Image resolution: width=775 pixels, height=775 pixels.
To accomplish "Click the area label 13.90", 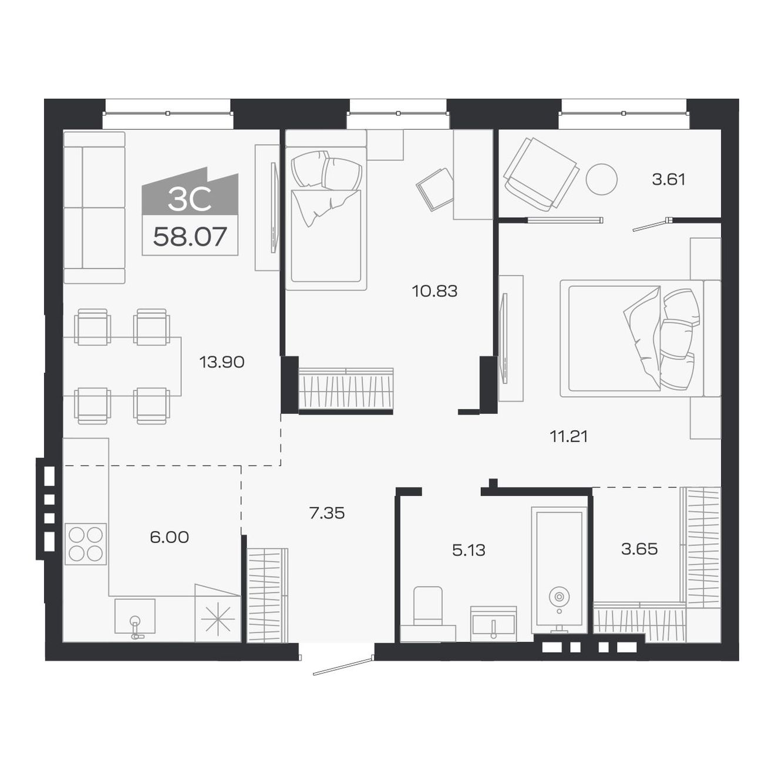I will [x=221, y=362].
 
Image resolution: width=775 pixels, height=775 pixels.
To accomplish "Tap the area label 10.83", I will [x=434, y=291].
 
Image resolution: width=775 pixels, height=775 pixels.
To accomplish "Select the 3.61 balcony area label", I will [x=668, y=179].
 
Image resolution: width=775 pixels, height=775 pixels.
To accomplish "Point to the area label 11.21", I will [x=568, y=436].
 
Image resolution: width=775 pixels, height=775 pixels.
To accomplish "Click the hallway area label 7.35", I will [x=326, y=513].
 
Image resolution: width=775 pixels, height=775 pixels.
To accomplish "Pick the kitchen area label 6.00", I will [x=169, y=537].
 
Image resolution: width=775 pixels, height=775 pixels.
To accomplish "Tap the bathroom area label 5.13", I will [x=469, y=550].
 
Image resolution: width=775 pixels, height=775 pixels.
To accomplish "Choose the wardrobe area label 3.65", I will [x=639, y=549].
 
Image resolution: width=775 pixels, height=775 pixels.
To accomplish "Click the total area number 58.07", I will [x=190, y=237].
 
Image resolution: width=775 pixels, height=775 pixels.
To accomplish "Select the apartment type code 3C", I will [x=190, y=200].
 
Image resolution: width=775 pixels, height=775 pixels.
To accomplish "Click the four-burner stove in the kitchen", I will [x=86, y=544].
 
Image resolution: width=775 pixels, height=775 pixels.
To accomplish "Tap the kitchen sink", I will [x=135, y=616].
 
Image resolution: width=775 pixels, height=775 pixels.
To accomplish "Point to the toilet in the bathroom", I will [x=428, y=608].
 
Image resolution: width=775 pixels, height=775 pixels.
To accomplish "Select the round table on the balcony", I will [x=601, y=179].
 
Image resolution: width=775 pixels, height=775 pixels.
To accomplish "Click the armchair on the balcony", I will [x=540, y=174].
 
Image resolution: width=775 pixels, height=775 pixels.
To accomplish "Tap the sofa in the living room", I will [x=94, y=208].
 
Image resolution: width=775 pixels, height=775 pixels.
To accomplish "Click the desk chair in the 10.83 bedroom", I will [x=435, y=188].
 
